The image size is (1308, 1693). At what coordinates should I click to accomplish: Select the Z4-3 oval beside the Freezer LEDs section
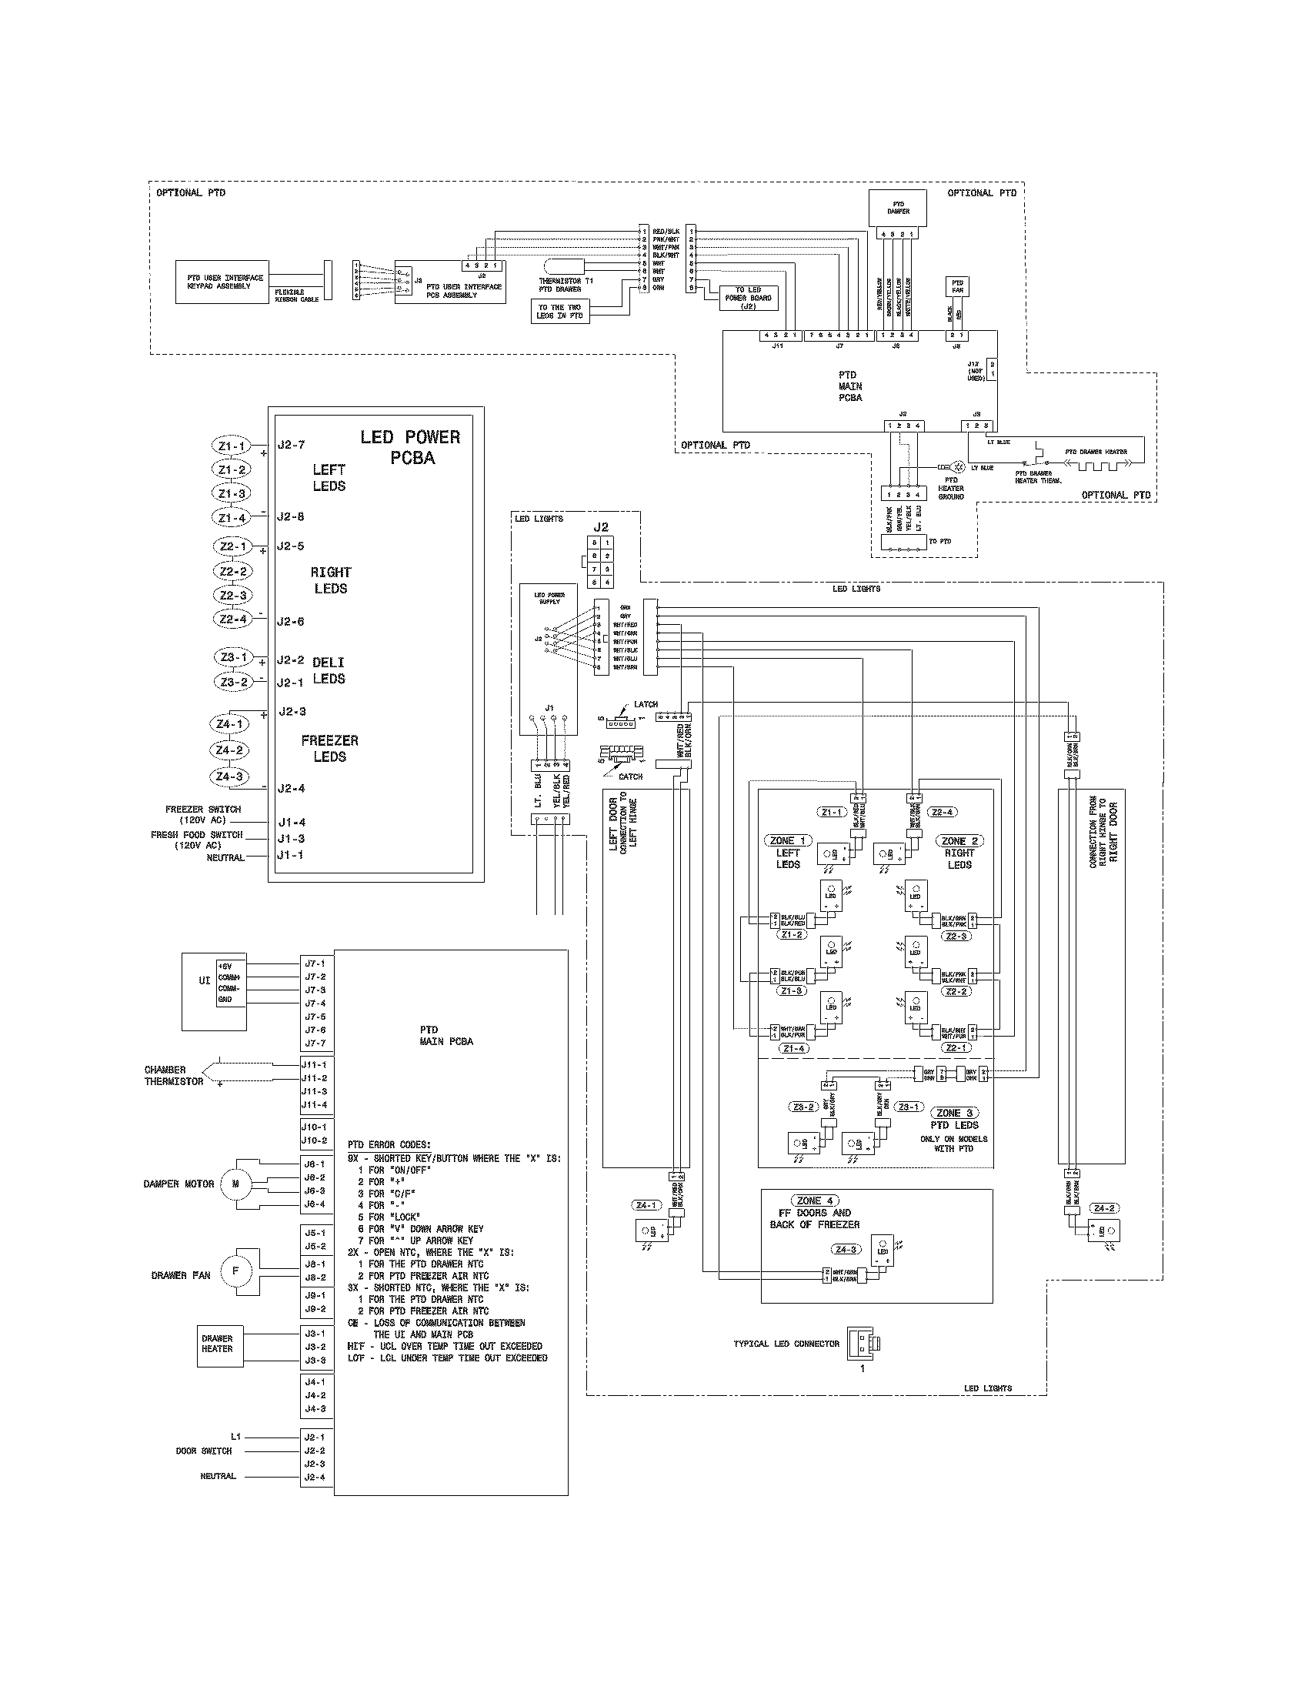[x=229, y=776]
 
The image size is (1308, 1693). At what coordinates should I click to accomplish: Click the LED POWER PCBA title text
[x=411, y=447]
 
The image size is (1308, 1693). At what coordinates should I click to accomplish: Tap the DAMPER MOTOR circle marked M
[x=236, y=1184]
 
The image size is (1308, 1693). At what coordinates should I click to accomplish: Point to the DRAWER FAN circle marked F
[x=236, y=1292]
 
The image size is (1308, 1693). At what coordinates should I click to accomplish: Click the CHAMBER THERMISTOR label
[x=174, y=1075]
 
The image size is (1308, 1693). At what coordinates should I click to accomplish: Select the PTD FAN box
[x=957, y=286]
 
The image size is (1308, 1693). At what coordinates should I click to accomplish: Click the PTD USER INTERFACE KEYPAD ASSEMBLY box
[x=222, y=282]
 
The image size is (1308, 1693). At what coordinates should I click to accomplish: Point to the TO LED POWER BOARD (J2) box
[x=748, y=298]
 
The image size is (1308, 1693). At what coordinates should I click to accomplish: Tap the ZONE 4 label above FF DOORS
[x=815, y=1200]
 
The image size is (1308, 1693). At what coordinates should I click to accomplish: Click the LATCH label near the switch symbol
[x=646, y=705]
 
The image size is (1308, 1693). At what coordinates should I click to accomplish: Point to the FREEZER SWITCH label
[x=203, y=810]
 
